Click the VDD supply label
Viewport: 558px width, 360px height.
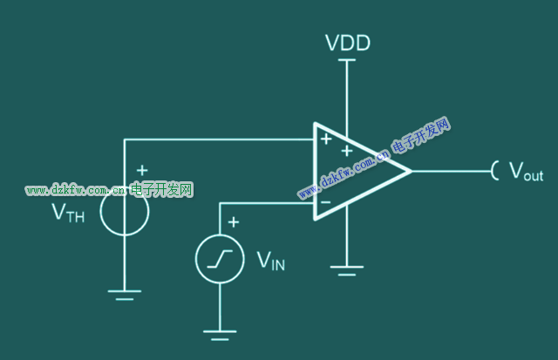point(347,43)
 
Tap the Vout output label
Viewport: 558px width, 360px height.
point(526,172)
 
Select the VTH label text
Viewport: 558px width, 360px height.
point(69,213)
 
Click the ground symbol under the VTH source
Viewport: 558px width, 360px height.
point(126,295)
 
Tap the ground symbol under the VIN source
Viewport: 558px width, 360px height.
point(219,332)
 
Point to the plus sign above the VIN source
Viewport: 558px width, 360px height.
point(233,221)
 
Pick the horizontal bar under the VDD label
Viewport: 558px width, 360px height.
point(348,60)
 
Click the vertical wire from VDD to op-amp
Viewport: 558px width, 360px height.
point(348,96)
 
